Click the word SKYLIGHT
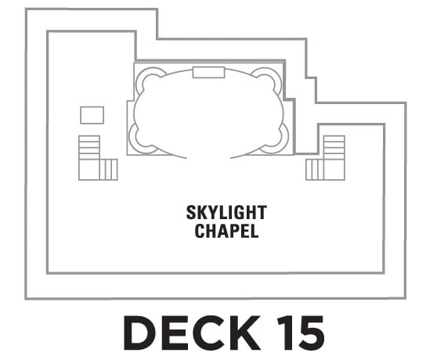226,212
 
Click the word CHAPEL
226,231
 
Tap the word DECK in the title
192,333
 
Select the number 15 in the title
301,333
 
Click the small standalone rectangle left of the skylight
92,115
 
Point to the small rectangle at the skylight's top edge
208,72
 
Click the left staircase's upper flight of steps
89,147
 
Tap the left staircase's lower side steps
108,170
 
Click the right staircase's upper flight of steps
334,147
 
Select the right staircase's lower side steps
315,170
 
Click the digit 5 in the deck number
312,333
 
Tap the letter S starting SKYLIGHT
191,212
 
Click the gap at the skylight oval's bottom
208,157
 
